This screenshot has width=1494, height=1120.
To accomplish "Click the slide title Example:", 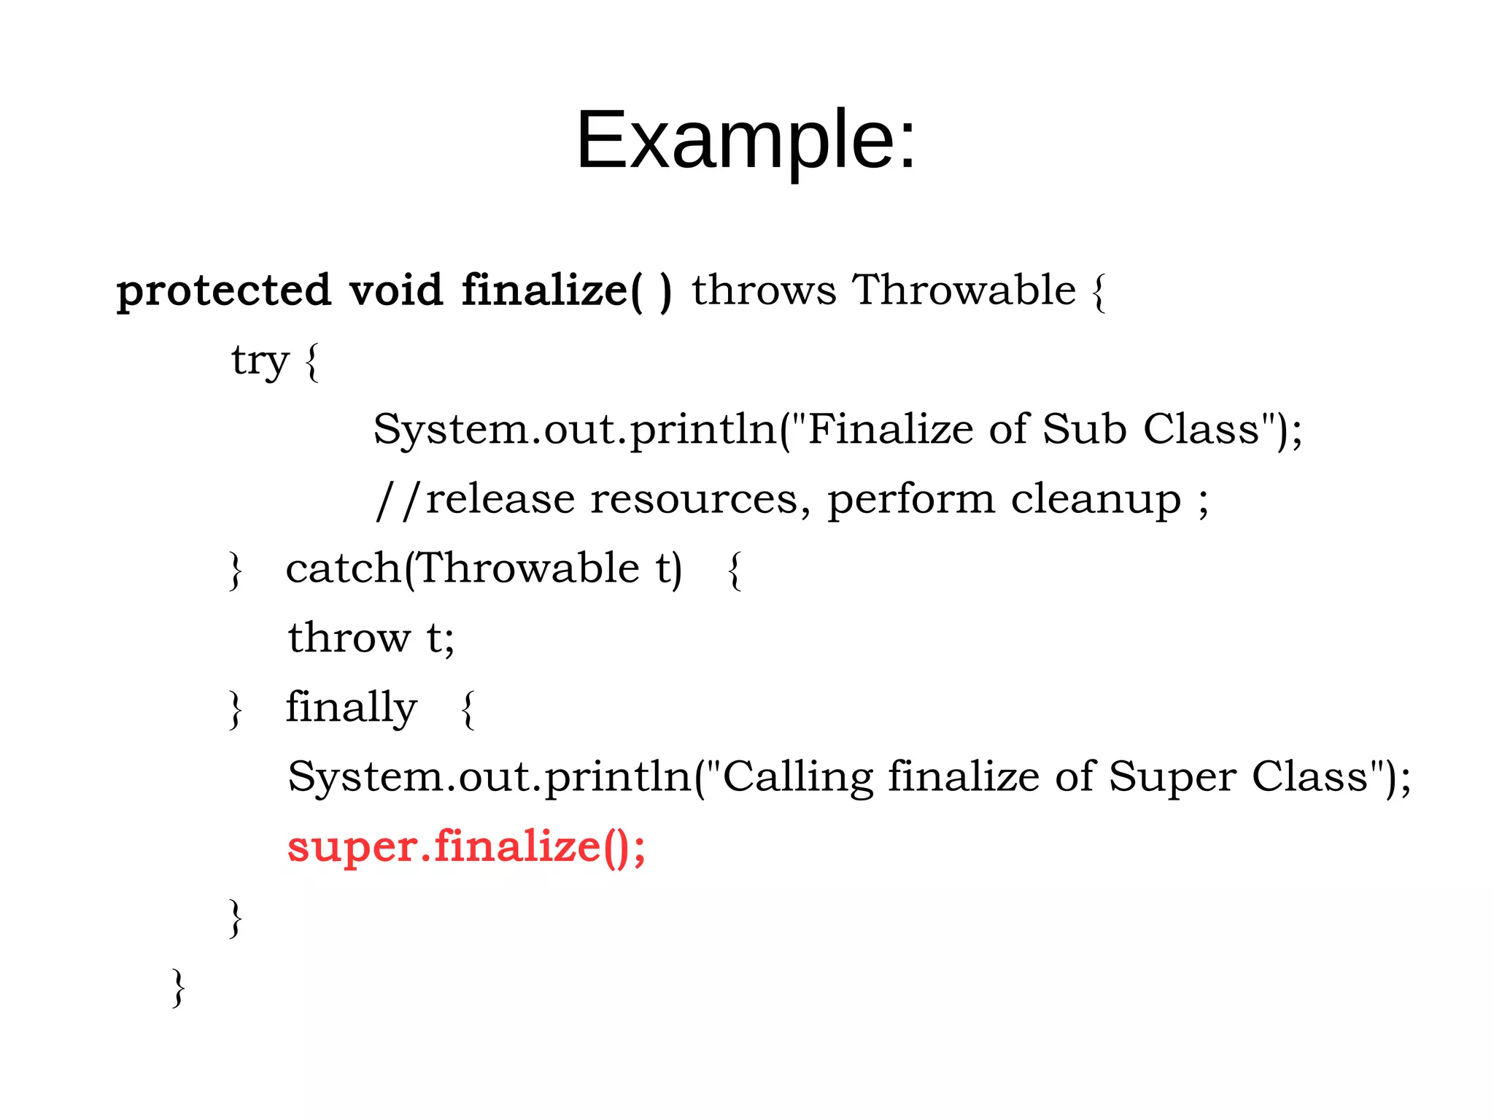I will click(746, 140).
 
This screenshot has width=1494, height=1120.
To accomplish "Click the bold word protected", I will click(223, 291).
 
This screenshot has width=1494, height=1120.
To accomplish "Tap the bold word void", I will click(395, 290).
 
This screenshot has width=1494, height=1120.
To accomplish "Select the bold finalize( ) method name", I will click(566, 290).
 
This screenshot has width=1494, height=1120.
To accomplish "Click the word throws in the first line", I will click(763, 290).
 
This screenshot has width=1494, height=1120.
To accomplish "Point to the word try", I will click(260, 361).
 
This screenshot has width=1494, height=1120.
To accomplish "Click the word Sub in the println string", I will click(1084, 428).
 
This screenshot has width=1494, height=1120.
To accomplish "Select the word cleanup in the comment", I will click(1095, 501).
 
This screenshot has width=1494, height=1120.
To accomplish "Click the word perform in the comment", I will click(910, 501).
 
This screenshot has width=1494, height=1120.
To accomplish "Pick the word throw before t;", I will click(349, 638).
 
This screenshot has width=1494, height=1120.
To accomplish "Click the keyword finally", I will click(351, 707).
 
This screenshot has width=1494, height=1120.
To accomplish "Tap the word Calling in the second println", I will click(797, 776).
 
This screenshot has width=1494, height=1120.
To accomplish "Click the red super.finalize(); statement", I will click(466, 846).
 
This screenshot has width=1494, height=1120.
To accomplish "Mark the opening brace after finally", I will click(468, 709).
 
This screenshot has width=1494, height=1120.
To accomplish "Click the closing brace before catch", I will click(235, 571).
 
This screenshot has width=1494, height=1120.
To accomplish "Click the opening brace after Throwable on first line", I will click(1099, 292).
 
